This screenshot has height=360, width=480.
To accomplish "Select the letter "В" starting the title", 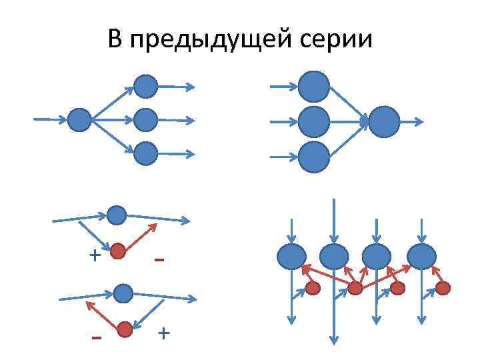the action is (x=115, y=41).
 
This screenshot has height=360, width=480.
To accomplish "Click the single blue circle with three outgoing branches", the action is (x=79, y=120).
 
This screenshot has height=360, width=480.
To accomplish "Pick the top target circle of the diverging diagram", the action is (x=145, y=86).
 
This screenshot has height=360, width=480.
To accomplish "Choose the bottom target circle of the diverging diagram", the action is (x=145, y=154).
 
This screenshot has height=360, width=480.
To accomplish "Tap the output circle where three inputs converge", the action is (x=384, y=122).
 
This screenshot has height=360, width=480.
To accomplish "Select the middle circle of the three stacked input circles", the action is (x=313, y=122).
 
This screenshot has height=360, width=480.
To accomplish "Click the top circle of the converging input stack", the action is (x=313, y=86).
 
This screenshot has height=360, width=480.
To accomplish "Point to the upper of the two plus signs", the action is (x=95, y=255).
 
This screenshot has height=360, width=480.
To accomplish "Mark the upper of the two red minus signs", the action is (x=159, y=259).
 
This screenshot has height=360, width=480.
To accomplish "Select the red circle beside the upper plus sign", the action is (x=118, y=251).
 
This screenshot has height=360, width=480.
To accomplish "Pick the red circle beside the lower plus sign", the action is (x=124, y=329).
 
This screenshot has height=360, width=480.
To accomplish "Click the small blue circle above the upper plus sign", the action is (x=117, y=215).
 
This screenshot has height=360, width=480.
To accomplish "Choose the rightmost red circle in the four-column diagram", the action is (x=443, y=288).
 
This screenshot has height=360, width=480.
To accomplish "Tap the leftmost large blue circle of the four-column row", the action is (x=291, y=257).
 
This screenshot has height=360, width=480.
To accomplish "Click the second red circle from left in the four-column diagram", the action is (x=355, y=288).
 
